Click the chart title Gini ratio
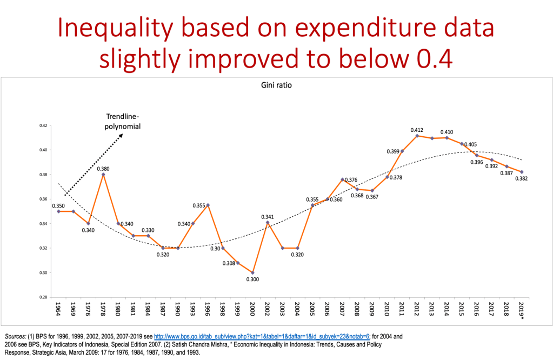(277, 85)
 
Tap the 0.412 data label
(417, 130)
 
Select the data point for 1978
(103, 174)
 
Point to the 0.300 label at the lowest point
(252, 279)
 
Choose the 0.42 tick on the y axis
(44, 125)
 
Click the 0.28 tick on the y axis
(44, 297)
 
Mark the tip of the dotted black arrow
(122, 134)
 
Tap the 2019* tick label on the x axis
(522, 311)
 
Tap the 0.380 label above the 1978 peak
(103, 168)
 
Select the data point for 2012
(417, 136)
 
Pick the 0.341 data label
(267, 217)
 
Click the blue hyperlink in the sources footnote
(260, 336)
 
